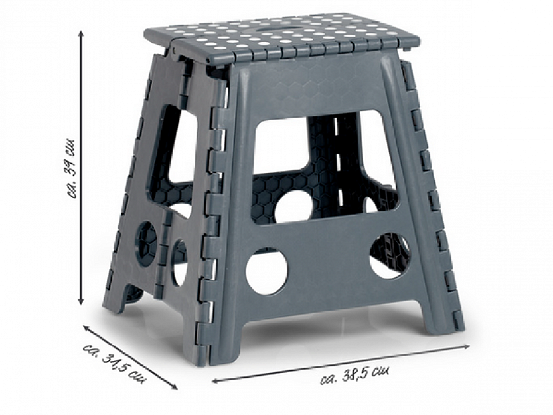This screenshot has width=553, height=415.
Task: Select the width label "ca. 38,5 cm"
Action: pos(355,375)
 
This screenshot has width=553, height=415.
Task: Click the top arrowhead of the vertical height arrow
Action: pos(81,33)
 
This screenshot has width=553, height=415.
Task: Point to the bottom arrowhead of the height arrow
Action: pos(81,301)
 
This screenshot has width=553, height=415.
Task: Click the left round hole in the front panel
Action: pos(267,271)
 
